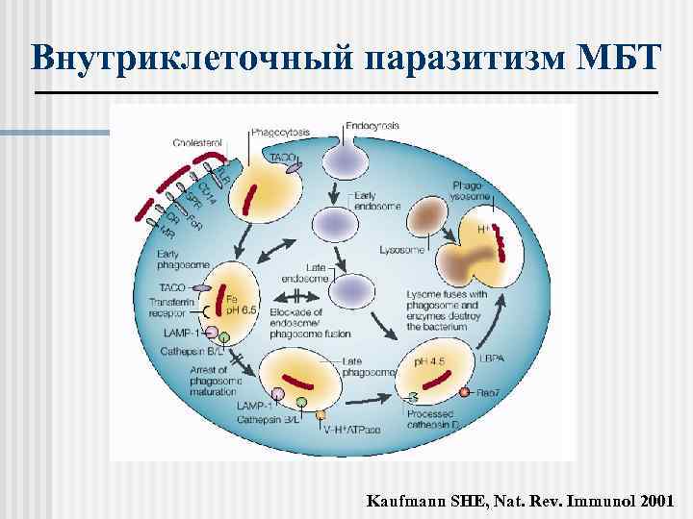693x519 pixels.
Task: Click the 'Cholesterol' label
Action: (197, 142)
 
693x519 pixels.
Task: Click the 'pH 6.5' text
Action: (242, 309)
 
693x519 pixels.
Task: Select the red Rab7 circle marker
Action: (465, 393)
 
